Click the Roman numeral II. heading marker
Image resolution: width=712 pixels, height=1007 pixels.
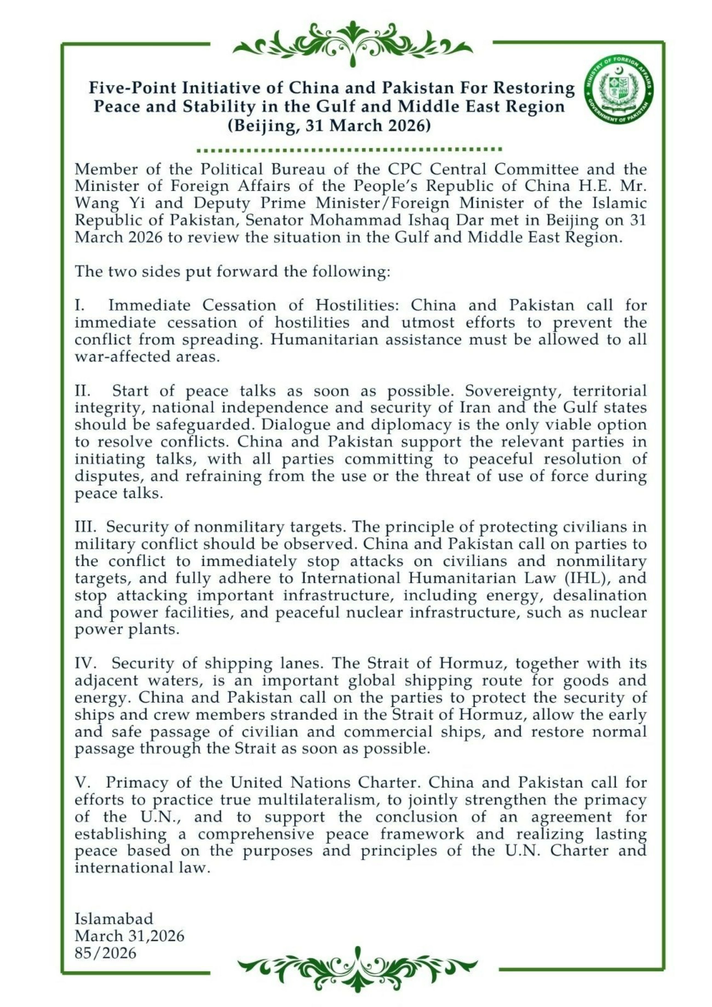click(82, 391)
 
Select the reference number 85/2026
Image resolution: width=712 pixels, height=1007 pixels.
click(105, 953)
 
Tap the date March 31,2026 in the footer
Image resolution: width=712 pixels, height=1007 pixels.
click(130, 936)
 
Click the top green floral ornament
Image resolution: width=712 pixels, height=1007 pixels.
click(352, 42)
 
